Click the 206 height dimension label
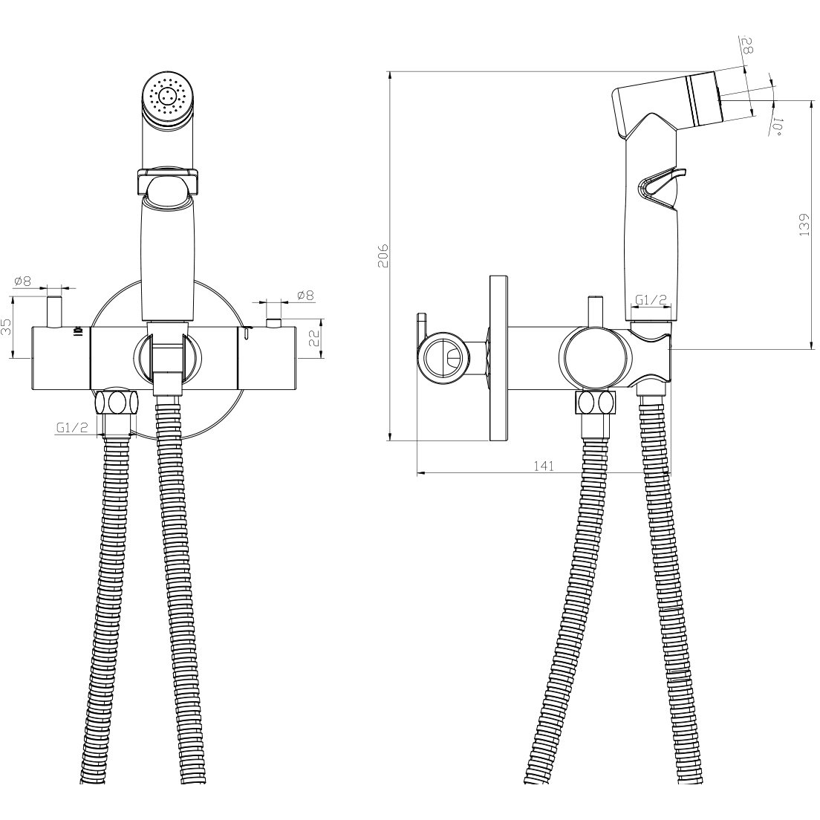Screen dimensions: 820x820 384,256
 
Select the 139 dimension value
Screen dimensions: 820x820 804,224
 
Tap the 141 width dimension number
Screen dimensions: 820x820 544,466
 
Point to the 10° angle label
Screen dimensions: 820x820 778,126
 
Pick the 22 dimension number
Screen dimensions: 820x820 314,339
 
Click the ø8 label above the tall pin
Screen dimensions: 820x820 22,282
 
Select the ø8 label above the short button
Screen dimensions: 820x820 305,296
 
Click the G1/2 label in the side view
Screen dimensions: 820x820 651,299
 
